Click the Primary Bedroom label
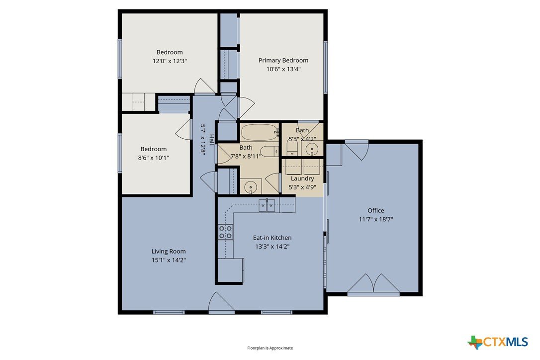click(283, 60)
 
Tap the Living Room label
click(169, 252)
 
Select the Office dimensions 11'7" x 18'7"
click(376, 219)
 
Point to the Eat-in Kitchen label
click(272, 238)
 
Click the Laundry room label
click(302, 179)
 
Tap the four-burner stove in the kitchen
click(226, 232)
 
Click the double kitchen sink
click(267, 205)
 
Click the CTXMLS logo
click(498, 342)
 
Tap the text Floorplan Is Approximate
click(270, 348)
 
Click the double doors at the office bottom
click(373, 284)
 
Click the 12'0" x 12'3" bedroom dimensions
click(170, 61)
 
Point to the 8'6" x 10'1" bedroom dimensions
click(154, 158)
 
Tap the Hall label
click(211, 140)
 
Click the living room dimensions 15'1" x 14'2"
click(169, 260)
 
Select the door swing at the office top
click(357, 150)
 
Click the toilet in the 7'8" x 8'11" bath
click(269, 151)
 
